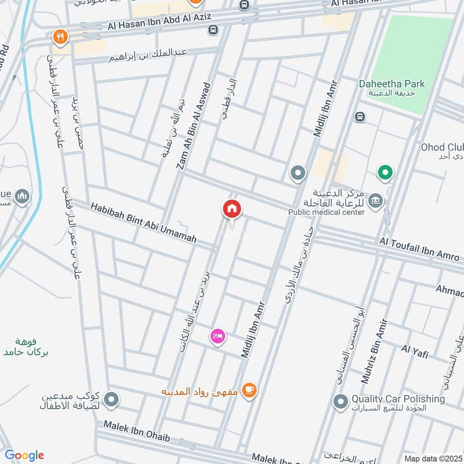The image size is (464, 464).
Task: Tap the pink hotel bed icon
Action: coord(218,335)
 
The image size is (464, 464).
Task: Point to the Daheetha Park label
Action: coord(400,84)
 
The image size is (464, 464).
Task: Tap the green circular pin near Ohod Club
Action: coord(384,172)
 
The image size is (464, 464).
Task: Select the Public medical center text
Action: coord(327,212)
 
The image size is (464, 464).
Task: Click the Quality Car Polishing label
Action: coord(398,399)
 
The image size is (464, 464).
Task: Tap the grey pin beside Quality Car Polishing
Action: coord(340,401)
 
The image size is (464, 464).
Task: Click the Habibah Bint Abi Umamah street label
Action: coord(143,222)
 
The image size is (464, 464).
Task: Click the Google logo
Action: coord(24,455)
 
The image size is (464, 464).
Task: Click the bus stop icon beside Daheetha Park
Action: coord(361,117)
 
